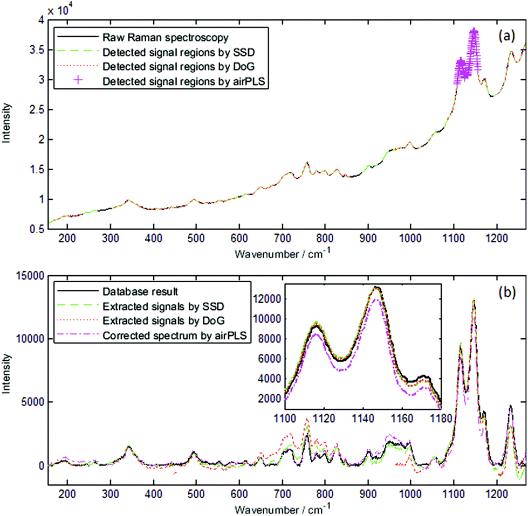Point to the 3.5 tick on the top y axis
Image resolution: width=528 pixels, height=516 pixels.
point(37,50)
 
